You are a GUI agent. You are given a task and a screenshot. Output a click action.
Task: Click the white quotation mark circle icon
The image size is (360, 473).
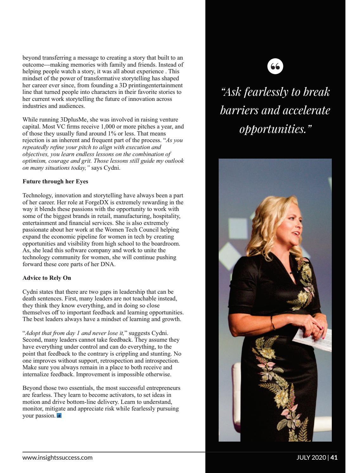[275, 67]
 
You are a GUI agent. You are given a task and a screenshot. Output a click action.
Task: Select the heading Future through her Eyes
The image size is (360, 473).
[55, 181]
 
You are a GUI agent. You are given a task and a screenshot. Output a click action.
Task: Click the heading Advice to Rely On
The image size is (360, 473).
[47, 278]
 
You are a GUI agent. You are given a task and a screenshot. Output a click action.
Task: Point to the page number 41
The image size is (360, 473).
[334, 457]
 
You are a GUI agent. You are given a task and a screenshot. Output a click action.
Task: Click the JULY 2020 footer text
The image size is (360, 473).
[311, 457]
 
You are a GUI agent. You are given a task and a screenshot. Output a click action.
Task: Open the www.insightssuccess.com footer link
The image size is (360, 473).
[57, 457]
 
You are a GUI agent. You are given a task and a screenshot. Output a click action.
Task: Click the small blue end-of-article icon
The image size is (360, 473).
[59, 416]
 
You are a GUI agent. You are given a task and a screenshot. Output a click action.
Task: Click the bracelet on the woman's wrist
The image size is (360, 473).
[273, 323]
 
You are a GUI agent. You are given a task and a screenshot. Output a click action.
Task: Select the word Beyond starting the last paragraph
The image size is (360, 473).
[32, 388]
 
